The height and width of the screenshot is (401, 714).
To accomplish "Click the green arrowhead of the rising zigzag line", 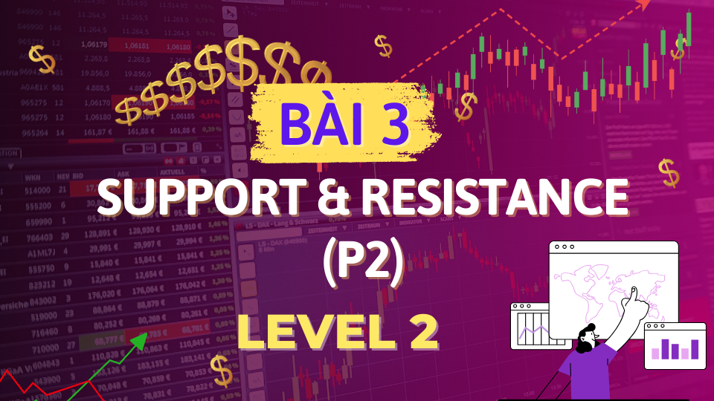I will point(138,342).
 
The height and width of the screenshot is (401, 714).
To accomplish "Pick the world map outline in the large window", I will point(610,286).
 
